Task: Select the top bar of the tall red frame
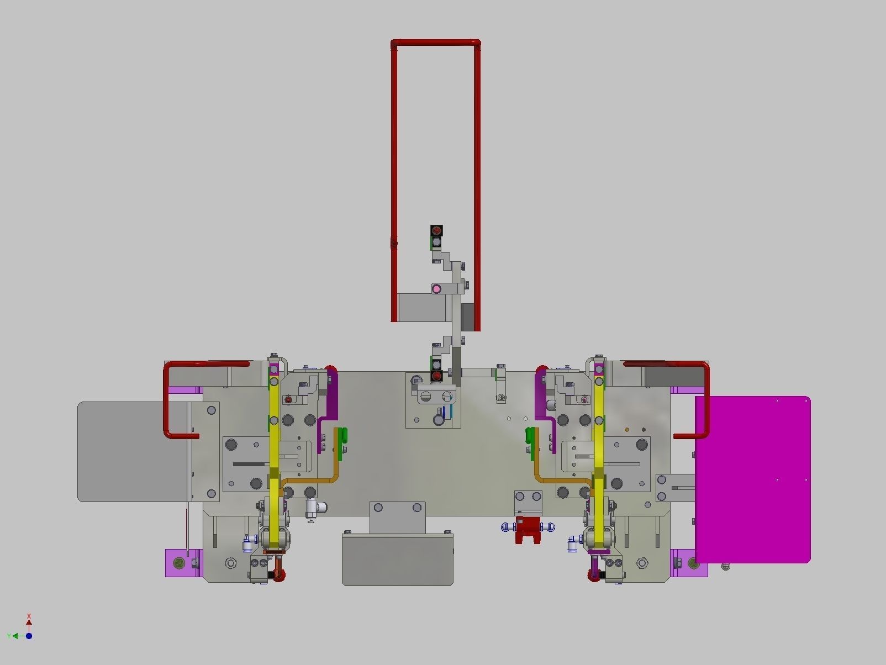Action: coord(435,42)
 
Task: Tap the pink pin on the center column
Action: coord(436,288)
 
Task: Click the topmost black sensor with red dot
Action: coord(436,230)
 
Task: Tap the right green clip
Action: coord(530,436)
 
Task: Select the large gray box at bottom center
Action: coord(397,560)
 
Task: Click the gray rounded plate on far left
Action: coord(133,451)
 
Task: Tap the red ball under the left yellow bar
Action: coord(279,575)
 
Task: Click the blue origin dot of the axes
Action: coord(29,636)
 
